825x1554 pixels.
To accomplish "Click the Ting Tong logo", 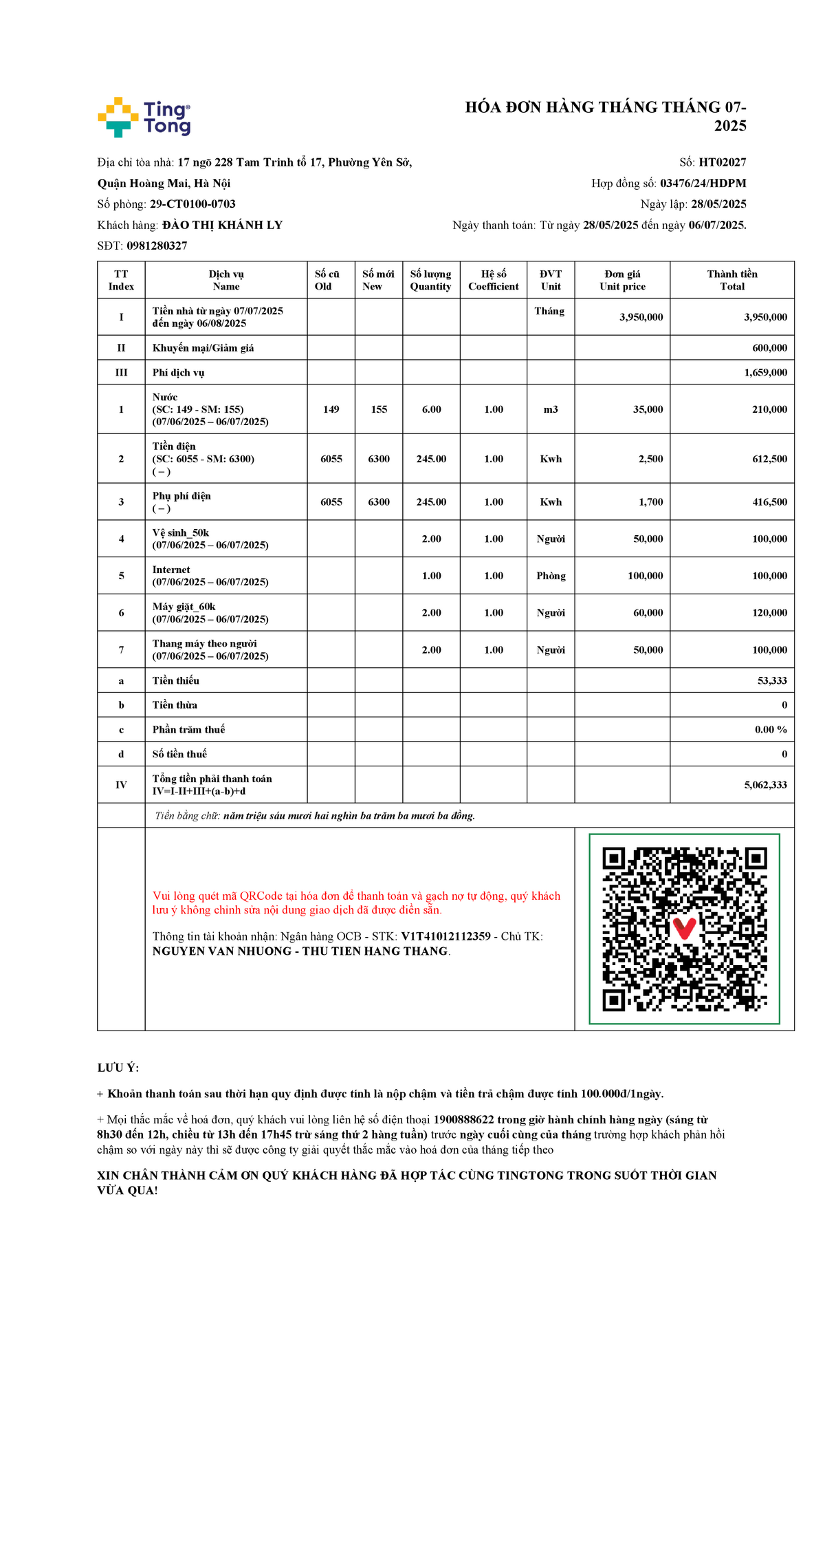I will (144, 117).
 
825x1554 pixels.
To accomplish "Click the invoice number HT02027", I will (722, 162).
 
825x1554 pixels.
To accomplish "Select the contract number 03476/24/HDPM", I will (703, 183).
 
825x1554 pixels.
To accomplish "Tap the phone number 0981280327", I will (157, 246).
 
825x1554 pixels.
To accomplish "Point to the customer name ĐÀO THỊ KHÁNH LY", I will (222, 225).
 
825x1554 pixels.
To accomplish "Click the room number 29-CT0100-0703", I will (192, 204).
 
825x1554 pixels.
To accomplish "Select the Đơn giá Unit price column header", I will (622, 280).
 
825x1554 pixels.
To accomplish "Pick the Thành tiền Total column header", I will (732, 280).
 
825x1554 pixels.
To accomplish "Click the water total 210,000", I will (769, 409).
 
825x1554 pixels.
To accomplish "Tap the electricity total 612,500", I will (769, 459).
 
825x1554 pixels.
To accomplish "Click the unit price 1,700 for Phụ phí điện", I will (650, 502).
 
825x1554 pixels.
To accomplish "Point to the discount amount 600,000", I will (769, 348).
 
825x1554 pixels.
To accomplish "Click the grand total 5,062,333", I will (765, 785).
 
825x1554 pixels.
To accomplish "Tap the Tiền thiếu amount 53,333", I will (772, 680).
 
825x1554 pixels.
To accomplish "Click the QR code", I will (684, 929).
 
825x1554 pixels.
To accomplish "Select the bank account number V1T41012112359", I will (445, 936).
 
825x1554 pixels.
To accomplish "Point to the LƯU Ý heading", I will (118, 1068).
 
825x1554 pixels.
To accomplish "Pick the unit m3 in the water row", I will (551, 409).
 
